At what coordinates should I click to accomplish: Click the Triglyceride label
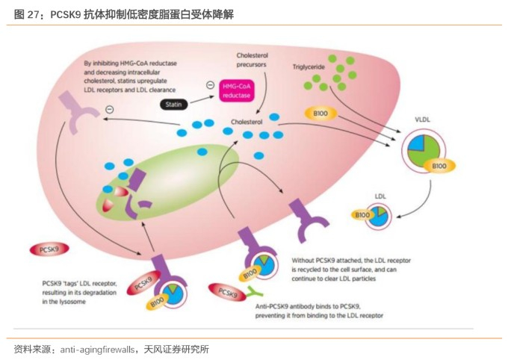[x=311, y=66]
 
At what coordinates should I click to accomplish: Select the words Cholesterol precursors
[x=253, y=60]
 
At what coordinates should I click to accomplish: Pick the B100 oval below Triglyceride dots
[x=321, y=114]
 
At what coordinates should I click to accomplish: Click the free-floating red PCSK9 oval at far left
[x=51, y=249]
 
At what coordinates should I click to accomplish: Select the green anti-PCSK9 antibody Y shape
[x=255, y=292]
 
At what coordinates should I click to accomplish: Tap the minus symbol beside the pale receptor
[x=110, y=110]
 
